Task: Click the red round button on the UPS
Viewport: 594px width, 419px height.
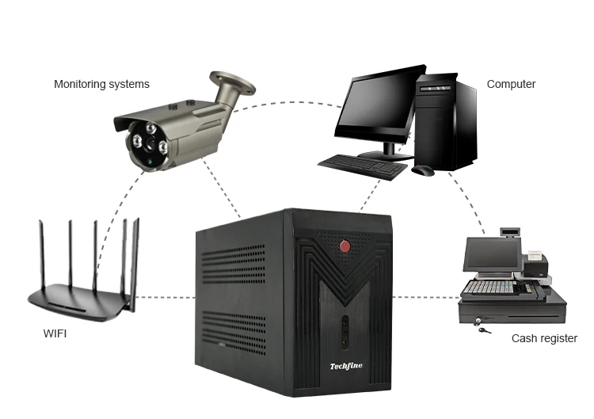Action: coord(345,245)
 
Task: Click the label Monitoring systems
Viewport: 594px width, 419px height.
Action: coord(101,84)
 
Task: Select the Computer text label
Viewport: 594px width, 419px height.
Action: coord(511,84)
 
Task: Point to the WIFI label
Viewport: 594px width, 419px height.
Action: coord(55,333)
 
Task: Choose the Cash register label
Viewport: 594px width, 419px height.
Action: coord(544,338)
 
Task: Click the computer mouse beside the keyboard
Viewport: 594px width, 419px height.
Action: coord(423,170)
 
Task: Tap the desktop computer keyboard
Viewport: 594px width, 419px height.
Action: coord(364,164)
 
